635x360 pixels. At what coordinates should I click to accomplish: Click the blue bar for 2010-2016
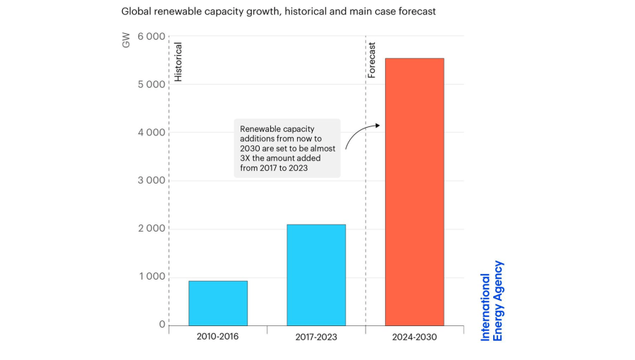(x=217, y=303)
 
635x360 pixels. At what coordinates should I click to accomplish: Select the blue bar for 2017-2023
(x=315, y=275)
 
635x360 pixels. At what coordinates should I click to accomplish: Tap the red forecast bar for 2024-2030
(x=414, y=191)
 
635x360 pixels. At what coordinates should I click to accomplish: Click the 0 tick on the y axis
(x=162, y=325)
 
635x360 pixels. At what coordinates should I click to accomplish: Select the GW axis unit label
(x=127, y=42)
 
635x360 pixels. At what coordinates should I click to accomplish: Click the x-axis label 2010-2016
(x=217, y=337)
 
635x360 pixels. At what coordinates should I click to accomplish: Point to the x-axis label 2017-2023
(x=315, y=337)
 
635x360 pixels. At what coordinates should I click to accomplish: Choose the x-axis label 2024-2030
(x=414, y=337)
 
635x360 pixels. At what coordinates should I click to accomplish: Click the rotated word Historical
(x=179, y=62)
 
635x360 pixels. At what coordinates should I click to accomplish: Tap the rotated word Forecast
(x=373, y=59)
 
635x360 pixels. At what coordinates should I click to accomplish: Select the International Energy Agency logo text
(x=492, y=301)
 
